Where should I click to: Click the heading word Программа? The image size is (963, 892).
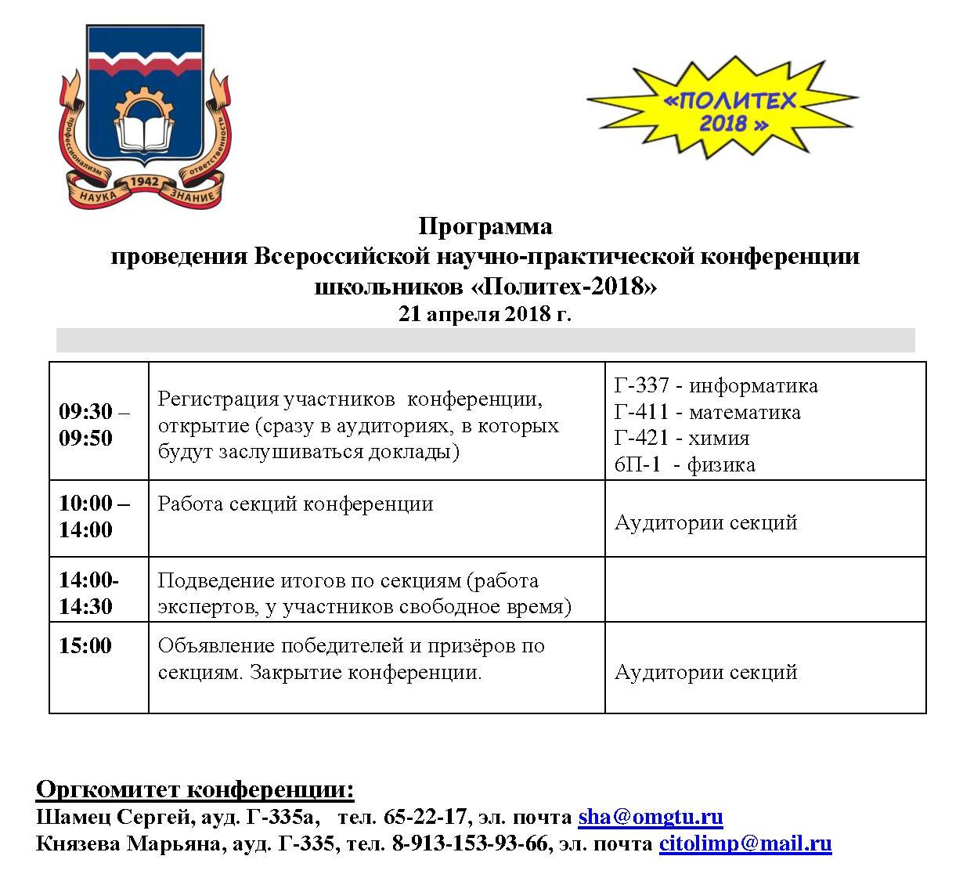coord(485,226)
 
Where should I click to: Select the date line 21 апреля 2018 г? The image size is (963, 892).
coord(485,314)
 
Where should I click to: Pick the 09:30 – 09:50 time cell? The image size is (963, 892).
coord(95,424)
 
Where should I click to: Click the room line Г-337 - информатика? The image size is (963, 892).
coord(716,385)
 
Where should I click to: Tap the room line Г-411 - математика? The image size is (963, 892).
coord(707,412)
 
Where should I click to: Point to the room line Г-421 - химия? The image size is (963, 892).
coord(682,438)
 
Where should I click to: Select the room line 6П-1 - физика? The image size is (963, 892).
coord(684,464)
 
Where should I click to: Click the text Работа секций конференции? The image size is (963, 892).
coord(295,504)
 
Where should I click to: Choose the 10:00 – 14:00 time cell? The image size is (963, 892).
coord(95,516)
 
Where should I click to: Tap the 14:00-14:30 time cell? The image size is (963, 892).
coord(89,593)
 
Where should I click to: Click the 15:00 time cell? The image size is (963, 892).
coord(85,646)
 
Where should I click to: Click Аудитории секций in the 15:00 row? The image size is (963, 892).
coord(705,672)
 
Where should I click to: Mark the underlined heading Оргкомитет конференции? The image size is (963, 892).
coord(195,789)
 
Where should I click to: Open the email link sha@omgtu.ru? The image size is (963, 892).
coord(650,817)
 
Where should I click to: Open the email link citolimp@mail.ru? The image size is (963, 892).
coord(745,843)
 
